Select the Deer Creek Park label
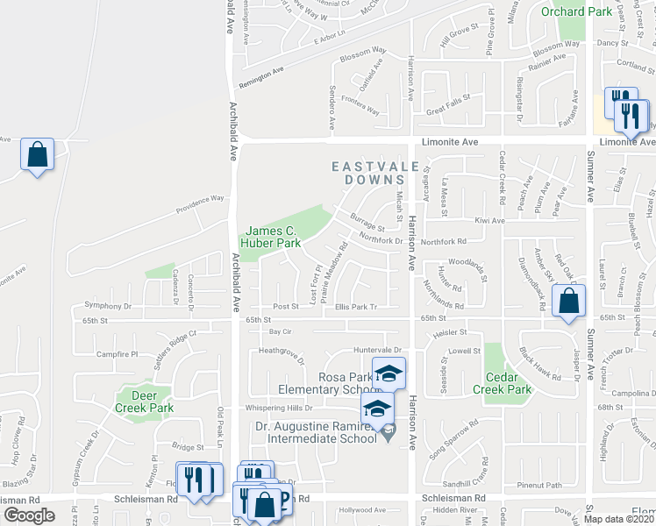click(x=145, y=401)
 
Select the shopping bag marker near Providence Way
click(x=38, y=155)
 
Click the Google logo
click(x=29, y=515)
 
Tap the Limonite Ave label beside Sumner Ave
click(x=624, y=141)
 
